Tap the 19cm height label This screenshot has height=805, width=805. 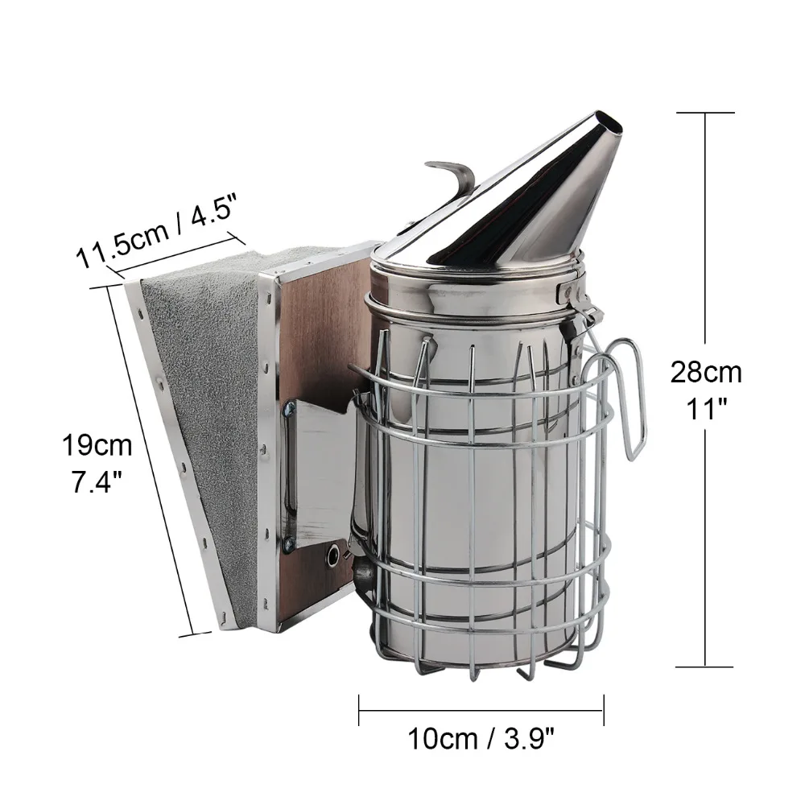coord(97,445)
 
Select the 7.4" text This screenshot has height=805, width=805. coord(97,482)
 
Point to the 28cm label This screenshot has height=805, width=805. coord(706,372)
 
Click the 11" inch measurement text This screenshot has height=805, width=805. coord(707,409)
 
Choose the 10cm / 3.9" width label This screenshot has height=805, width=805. coord(481,739)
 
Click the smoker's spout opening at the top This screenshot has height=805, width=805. coord(609,126)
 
